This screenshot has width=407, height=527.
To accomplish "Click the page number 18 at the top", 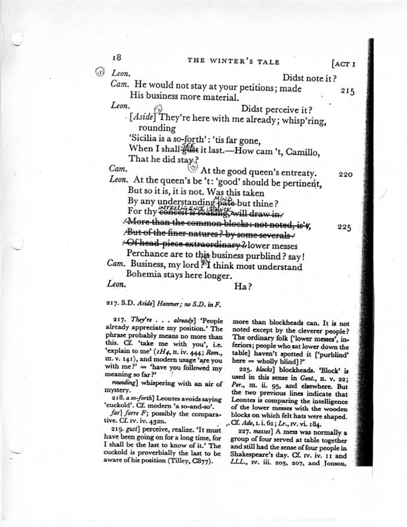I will point(119,58).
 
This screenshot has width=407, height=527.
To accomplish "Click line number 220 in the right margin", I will point(346,175).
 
